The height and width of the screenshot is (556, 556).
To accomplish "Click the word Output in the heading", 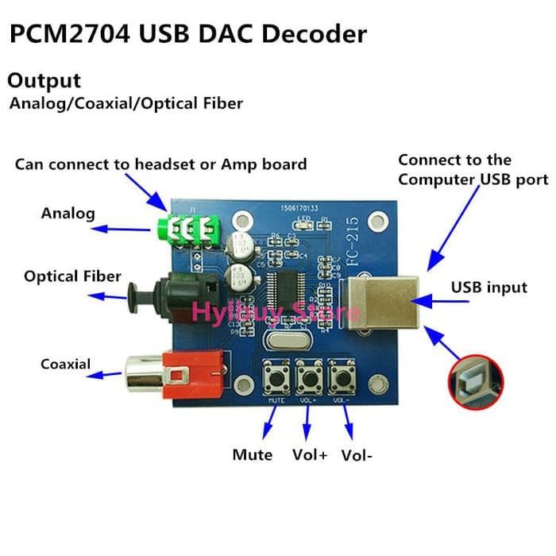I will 44,81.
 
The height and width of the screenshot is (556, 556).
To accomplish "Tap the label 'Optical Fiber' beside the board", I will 72,276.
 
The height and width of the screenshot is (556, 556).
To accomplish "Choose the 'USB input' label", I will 489,288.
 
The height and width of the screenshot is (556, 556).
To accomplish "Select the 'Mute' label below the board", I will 252,455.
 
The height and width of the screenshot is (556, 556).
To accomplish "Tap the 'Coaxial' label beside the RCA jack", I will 65,365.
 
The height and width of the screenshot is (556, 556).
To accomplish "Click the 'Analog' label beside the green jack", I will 68,213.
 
